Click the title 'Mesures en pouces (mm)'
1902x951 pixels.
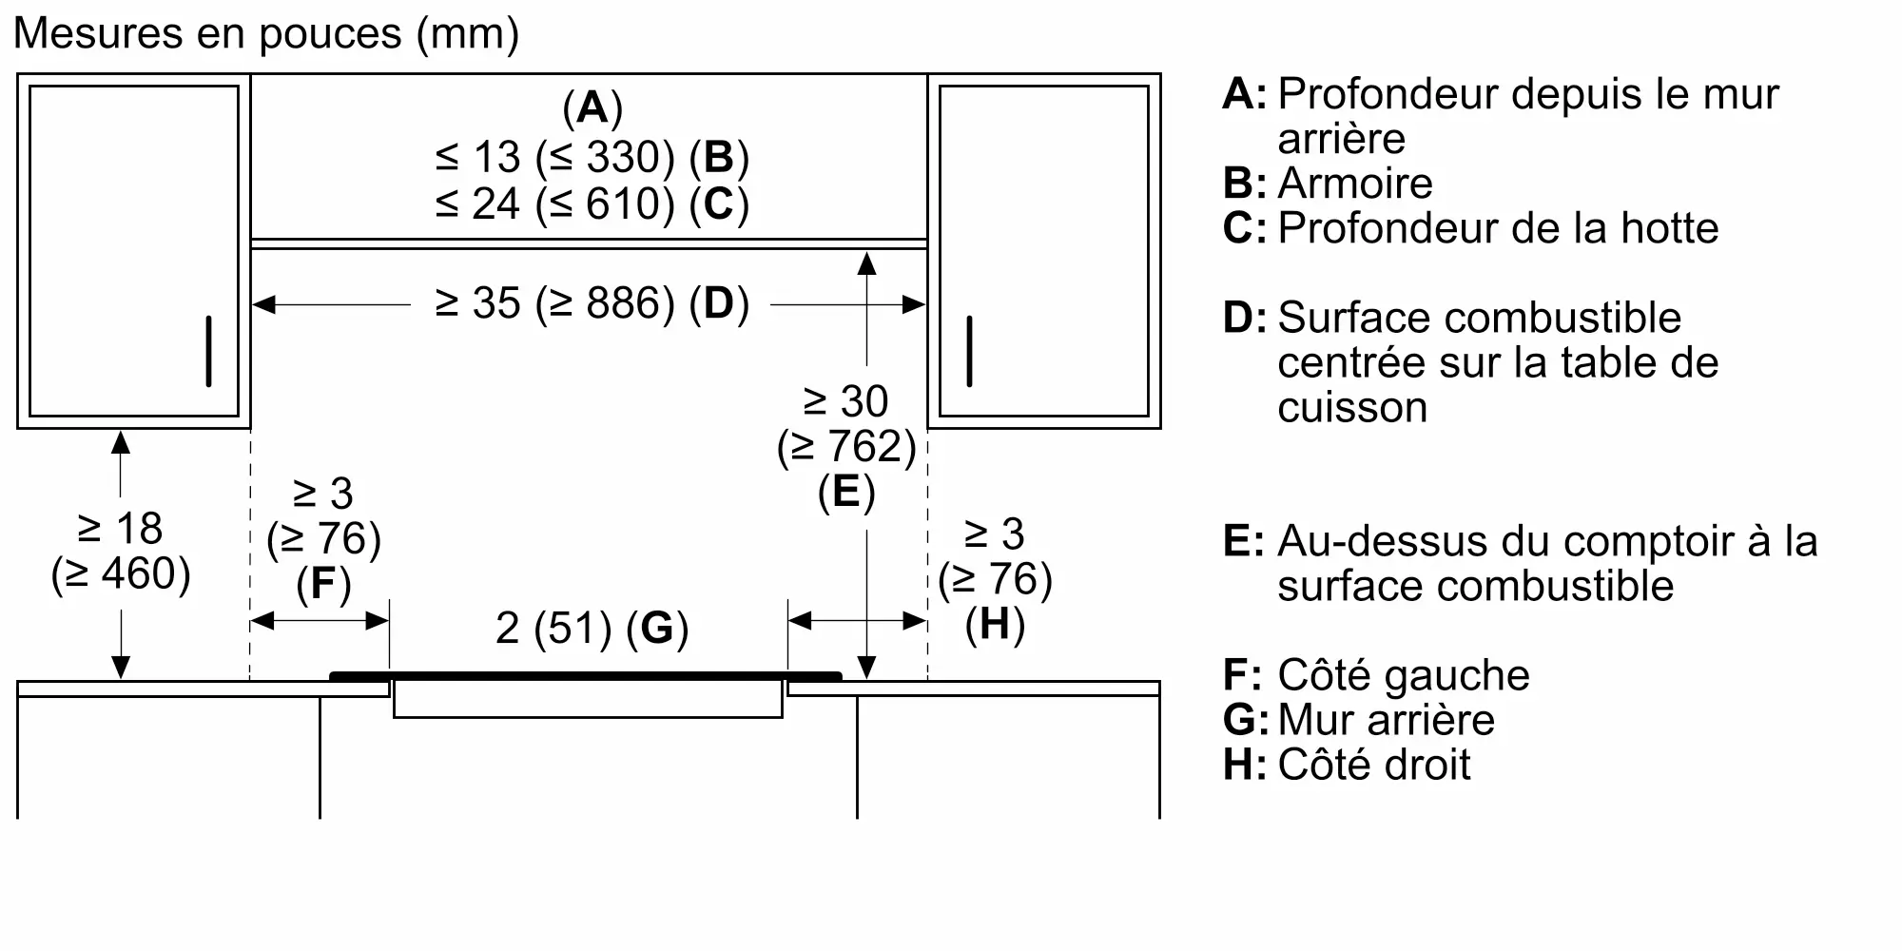266,34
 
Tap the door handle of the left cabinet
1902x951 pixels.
209,351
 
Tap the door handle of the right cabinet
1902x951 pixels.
969,351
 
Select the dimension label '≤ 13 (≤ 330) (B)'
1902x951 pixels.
592,157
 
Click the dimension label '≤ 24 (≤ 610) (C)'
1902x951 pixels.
592,204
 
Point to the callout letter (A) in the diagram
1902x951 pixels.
592,107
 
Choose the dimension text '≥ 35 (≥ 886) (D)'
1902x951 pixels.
592,303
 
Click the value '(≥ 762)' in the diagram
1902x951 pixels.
846,447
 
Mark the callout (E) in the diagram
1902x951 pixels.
846,492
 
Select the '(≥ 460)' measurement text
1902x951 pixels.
121,573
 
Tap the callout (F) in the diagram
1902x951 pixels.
323,584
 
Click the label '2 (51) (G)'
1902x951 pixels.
592,628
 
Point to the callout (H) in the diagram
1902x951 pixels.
995,625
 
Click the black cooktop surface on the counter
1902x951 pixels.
586,676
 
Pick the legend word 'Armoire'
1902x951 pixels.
1354,184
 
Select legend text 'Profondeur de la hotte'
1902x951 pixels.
1498,228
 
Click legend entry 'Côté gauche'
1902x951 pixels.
1403,675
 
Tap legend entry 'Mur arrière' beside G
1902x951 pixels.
1386,720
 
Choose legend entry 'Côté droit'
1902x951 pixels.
1373,765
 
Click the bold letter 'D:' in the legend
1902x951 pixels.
1244,318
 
